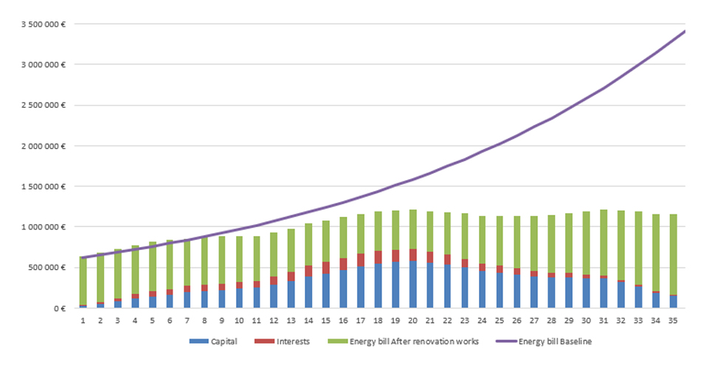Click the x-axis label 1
click(83, 321)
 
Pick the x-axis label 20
click(412, 321)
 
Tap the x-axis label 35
click(673, 321)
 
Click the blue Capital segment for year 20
click(412, 285)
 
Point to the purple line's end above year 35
click(684, 32)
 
